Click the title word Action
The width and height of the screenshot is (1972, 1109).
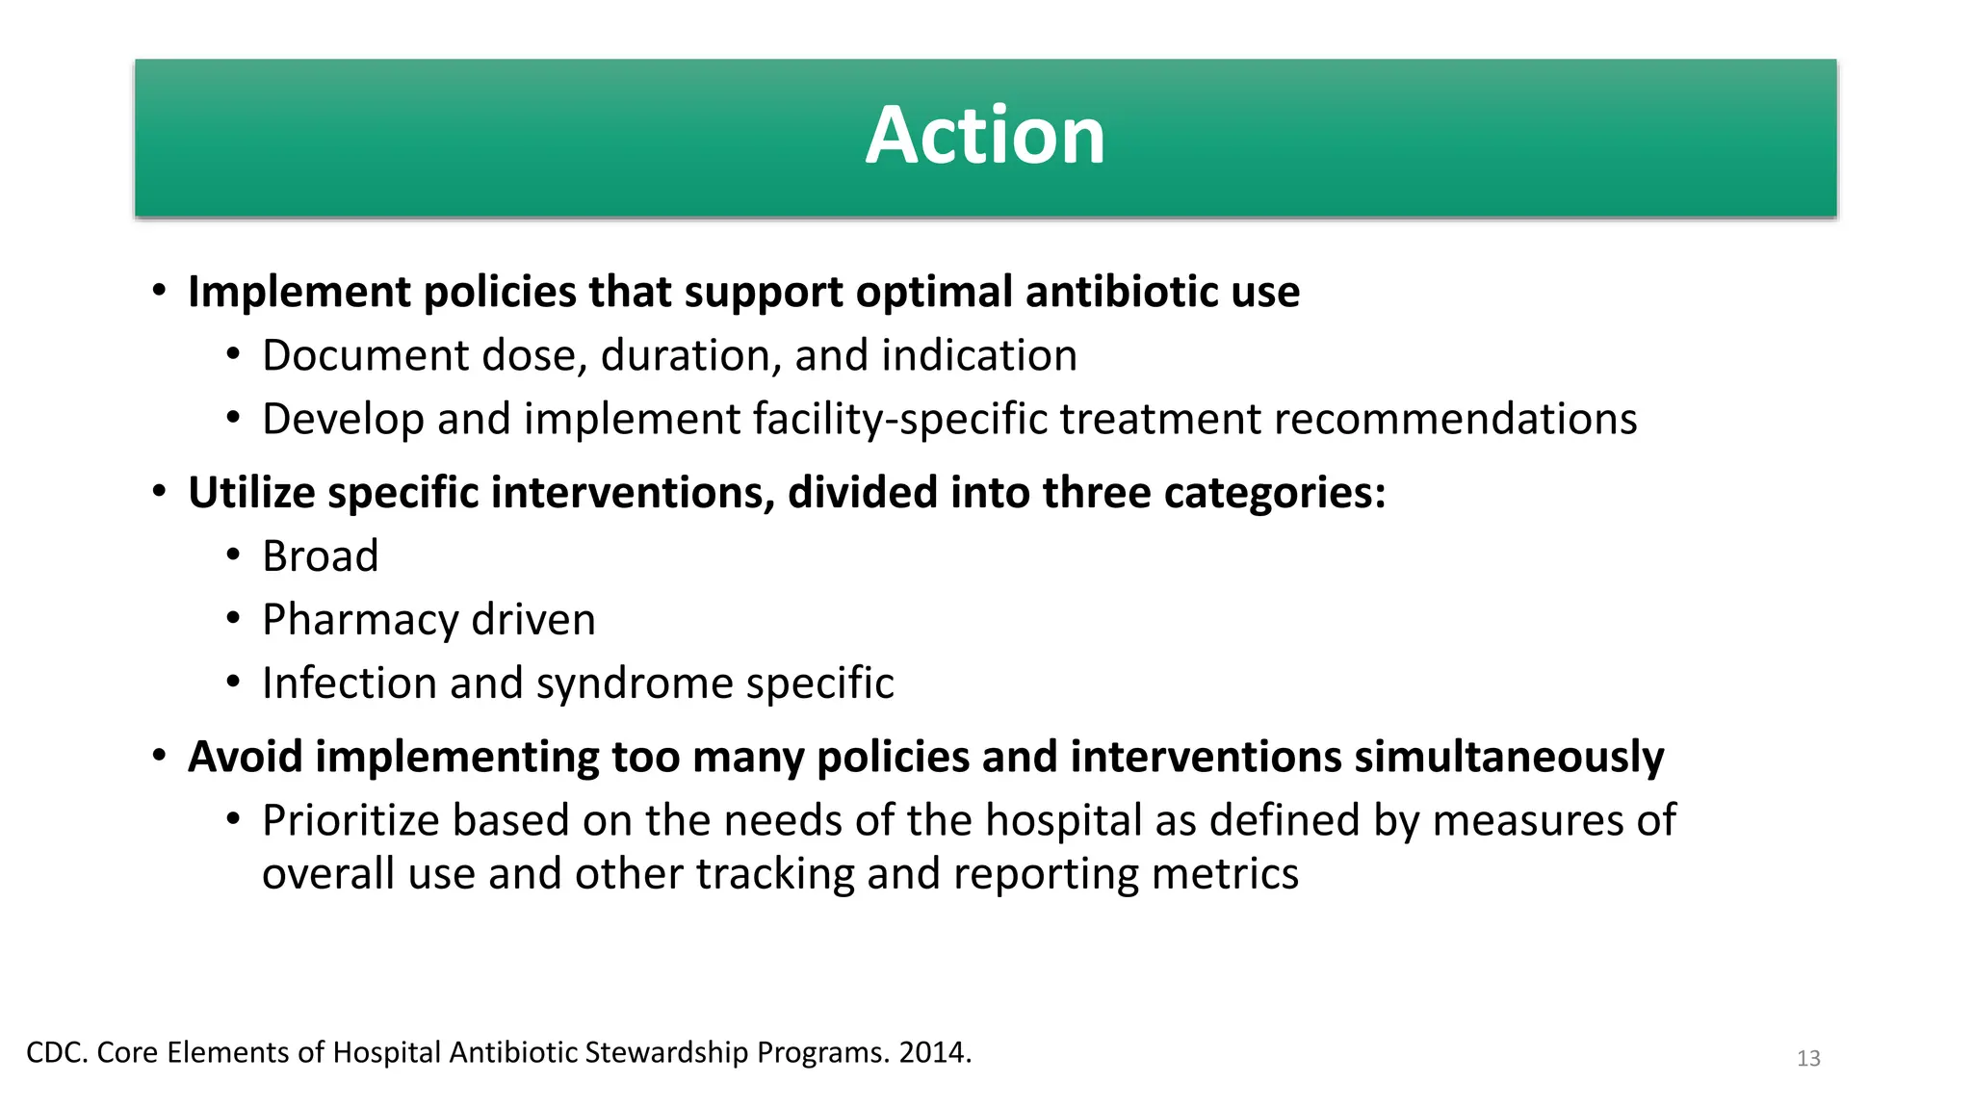click(x=985, y=136)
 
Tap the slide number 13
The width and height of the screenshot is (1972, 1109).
click(x=1808, y=1058)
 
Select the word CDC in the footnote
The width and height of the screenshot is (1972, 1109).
click(x=56, y=1052)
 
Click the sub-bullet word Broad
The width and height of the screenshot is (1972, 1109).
click(x=321, y=556)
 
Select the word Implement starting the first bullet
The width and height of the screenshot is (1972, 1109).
click(x=299, y=293)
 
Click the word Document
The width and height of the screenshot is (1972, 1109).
click(x=365, y=356)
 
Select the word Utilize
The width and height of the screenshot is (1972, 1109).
click(x=251, y=493)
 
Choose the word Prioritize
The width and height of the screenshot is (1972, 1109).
click(x=350, y=821)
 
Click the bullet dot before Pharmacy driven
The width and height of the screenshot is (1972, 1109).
click(x=233, y=619)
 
